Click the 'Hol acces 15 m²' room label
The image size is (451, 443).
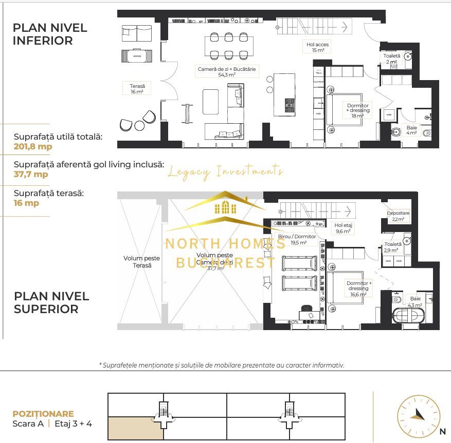tap(317, 47)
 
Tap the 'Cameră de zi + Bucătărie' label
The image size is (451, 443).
tap(227, 71)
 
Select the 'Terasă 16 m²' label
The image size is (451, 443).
tap(137, 89)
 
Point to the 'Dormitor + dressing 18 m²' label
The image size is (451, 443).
tap(357, 111)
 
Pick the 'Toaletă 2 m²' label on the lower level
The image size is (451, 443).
tap(392, 59)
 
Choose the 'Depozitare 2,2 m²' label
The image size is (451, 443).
tap(398, 216)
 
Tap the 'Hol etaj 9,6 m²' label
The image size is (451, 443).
tap(342, 228)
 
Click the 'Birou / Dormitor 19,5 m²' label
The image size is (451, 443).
tap(297, 239)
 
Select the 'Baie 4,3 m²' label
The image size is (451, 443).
tap(414, 301)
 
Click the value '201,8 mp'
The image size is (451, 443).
tap(33, 146)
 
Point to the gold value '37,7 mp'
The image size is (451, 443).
tap(31, 174)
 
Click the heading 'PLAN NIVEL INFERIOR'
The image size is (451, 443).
tap(50, 34)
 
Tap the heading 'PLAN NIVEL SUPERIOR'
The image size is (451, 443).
tap(51, 303)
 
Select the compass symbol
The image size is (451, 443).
tap(419, 416)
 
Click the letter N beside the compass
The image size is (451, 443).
tap(443, 432)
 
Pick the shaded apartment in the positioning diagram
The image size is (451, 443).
tap(135, 428)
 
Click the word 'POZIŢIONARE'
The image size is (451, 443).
tap(43, 414)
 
